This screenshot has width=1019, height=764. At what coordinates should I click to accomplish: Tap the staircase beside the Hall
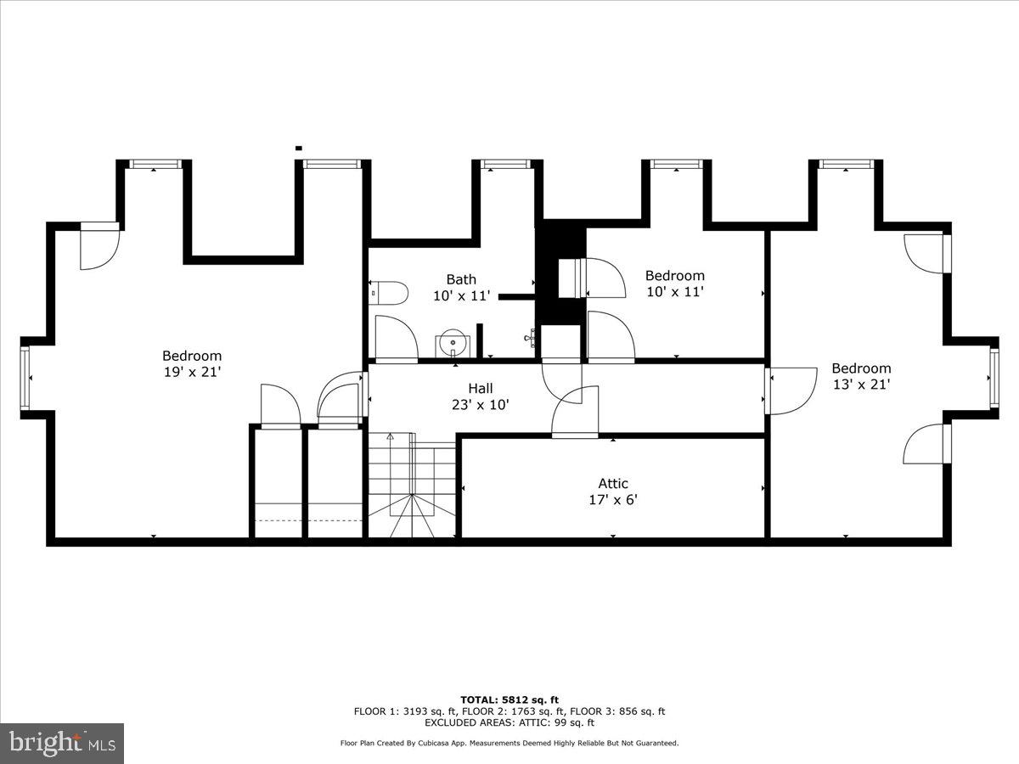[x=412, y=486]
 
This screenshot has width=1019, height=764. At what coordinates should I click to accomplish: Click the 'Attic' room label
[x=613, y=483]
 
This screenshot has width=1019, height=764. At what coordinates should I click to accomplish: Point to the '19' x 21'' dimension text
[x=192, y=372]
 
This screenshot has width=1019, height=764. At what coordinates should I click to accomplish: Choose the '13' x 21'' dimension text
[x=861, y=385]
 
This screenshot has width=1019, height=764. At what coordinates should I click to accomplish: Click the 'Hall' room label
[x=480, y=388]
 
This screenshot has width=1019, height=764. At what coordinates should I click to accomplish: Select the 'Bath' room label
[x=461, y=279]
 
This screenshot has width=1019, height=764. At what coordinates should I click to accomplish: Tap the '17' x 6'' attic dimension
[x=613, y=500]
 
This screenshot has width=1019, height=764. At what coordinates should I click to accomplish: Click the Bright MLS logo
[x=62, y=744]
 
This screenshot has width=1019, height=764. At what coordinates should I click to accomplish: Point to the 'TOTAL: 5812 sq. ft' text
[x=509, y=699]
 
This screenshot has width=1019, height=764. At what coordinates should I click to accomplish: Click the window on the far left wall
[x=25, y=378]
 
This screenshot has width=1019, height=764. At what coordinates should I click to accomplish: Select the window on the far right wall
[x=993, y=378]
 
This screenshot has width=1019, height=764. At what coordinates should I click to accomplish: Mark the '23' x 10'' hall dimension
[x=480, y=405]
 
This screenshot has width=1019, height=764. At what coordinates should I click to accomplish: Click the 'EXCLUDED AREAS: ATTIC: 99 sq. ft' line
[x=509, y=723]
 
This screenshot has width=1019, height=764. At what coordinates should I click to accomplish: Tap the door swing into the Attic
[x=575, y=413]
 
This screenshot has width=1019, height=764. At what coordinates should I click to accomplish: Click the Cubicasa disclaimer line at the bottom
[x=509, y=744]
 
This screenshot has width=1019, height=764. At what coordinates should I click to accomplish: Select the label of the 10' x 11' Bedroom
[x=674, y=275]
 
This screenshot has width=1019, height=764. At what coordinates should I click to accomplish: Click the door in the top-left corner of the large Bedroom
[x=99, y=248]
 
